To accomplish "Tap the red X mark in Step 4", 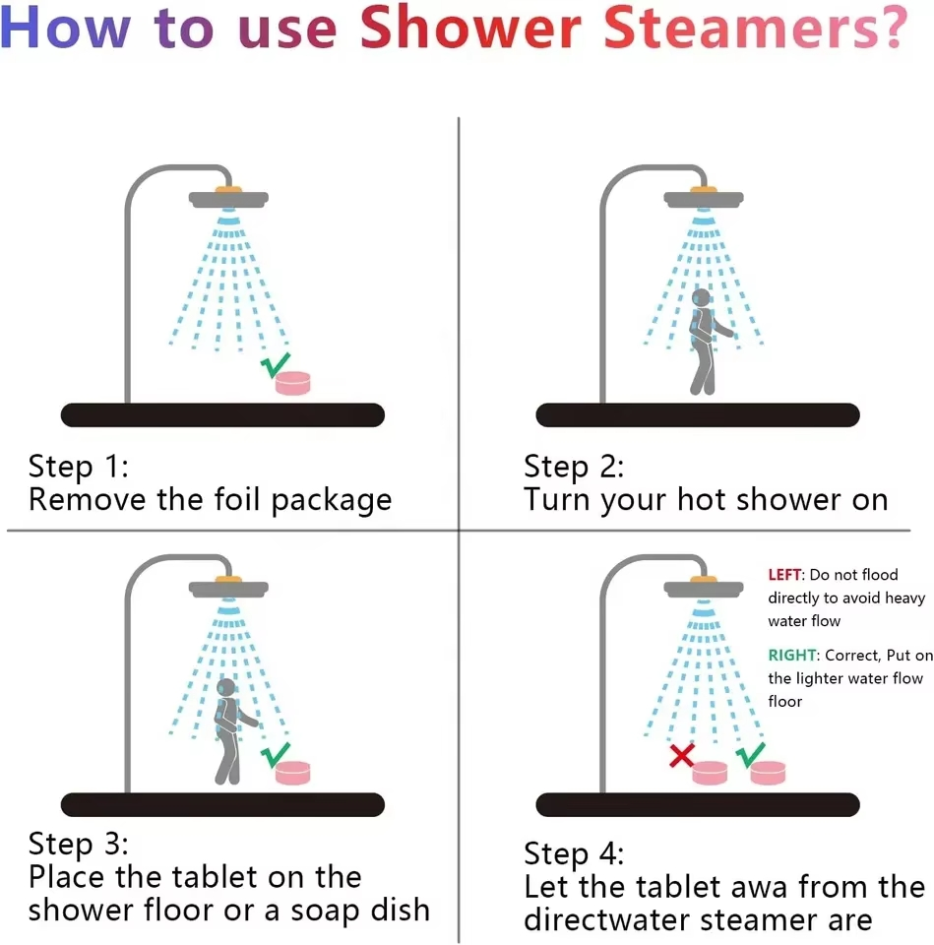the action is (681, 755).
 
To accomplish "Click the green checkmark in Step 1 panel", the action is (275, 365).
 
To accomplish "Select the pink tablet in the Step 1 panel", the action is (293, 383).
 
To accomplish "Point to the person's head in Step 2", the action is (701, 297).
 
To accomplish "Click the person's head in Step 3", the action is (226, 687).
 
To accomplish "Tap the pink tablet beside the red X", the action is (710, 773).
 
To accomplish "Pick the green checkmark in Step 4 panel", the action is (750, 755).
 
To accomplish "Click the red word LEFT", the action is (784, 574).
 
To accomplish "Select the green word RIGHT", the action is (792, 656).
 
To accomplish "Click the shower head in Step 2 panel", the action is (704, 198).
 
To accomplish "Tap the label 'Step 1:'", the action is (79, 467).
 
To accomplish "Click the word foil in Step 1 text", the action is (237, 499).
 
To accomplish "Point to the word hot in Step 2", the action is (702, 500).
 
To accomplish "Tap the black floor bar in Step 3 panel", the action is (222, 804).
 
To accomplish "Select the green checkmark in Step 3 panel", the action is (275, 755).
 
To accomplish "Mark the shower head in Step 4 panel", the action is (704, 588).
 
